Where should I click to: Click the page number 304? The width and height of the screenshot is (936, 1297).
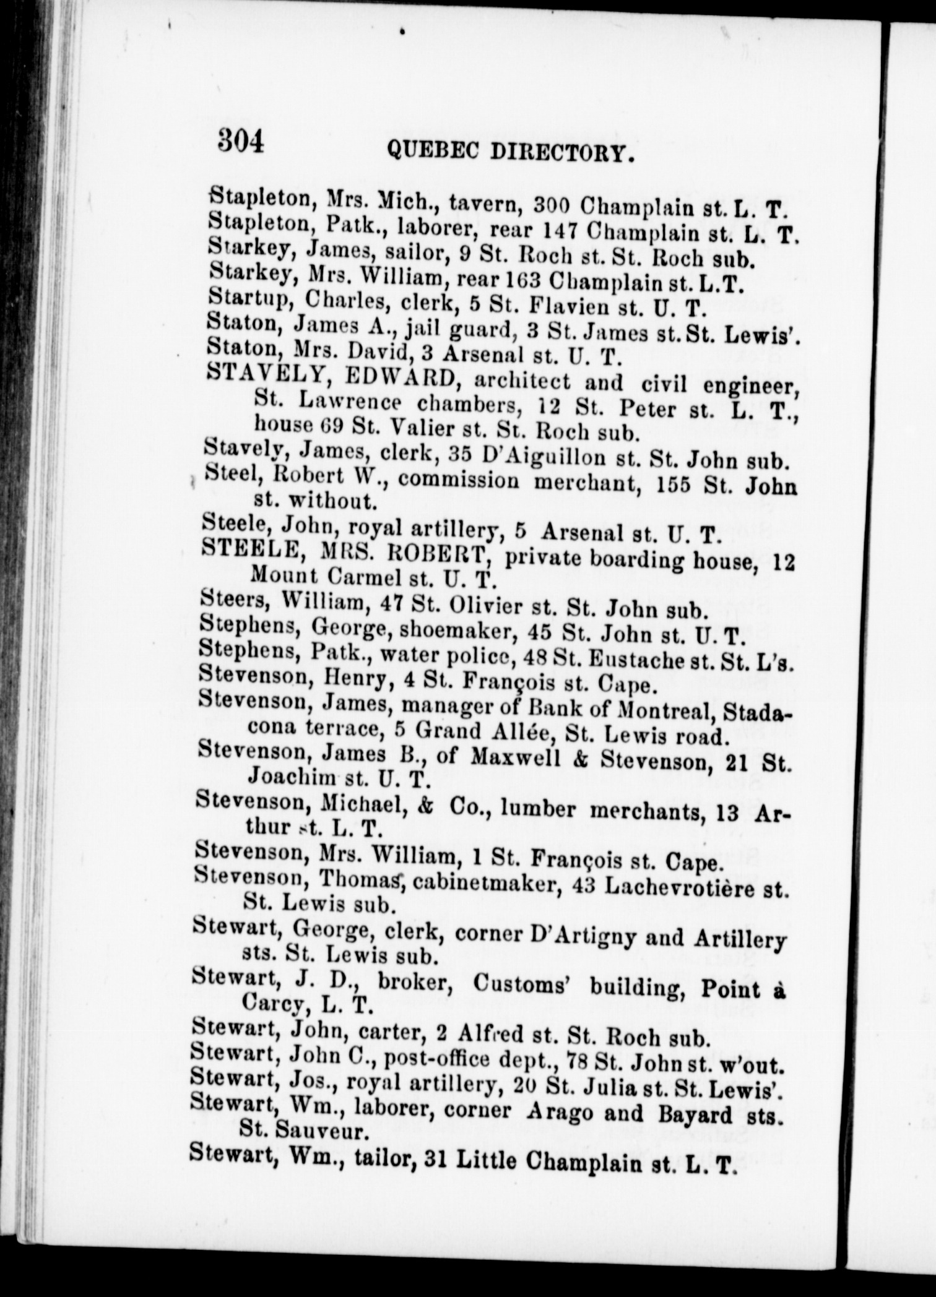(x=241, y=140)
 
